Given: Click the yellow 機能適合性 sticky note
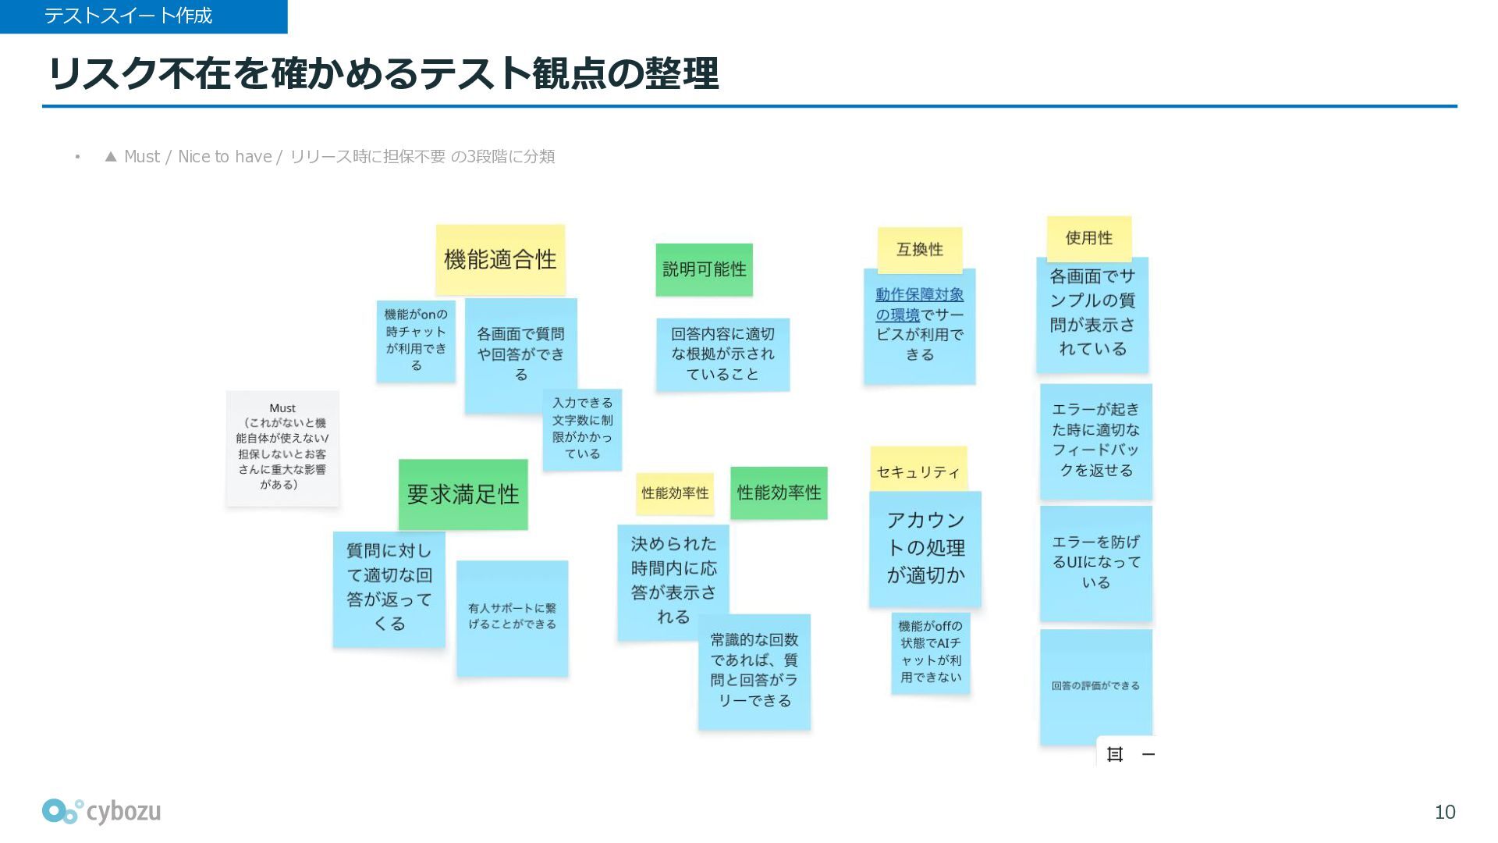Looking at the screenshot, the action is tap(500, 259).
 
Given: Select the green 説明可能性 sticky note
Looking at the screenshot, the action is tap(704, 269).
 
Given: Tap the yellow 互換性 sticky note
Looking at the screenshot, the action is tap(920, 249).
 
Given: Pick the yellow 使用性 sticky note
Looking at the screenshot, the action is tap(1088, 238).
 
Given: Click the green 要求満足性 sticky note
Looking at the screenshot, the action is tap(463, 494).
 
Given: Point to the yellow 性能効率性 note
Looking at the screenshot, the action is tap(675, 493).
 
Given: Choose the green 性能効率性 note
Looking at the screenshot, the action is tap(779, 493).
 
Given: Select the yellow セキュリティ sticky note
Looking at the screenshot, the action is tap(918, 471).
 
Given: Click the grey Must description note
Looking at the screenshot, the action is tap(282, 447).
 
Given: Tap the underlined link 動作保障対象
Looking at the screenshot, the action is tap(919, 295).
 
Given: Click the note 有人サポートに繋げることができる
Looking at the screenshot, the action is tap(512, 617).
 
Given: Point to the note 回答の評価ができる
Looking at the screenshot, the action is tap(1095, 686).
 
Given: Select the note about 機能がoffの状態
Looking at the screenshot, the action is tap(930, 652).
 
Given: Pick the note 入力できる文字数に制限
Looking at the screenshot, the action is tap(582, 429).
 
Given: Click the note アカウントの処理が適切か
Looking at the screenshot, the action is tap(925, 548).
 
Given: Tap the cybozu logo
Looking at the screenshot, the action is tap(101, 812).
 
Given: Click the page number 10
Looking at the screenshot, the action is tap(1444, 813).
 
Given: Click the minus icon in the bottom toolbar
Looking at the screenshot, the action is tap(1148, 754).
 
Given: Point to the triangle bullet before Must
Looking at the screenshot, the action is tap(111, 157).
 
